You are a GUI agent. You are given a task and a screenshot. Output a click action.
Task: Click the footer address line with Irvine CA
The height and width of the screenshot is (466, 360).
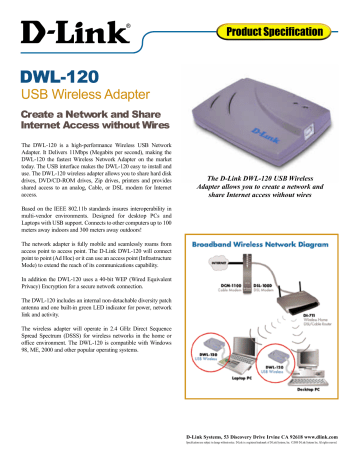point(268,445)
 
